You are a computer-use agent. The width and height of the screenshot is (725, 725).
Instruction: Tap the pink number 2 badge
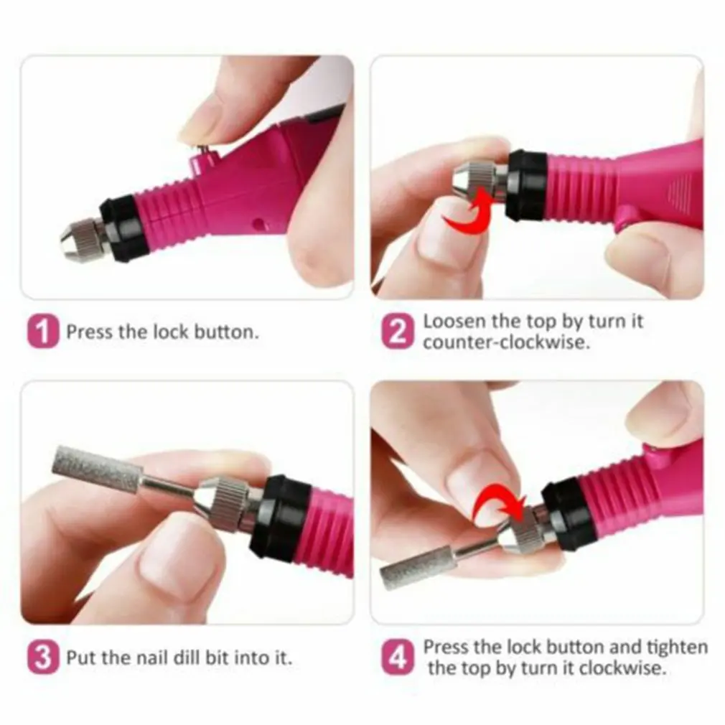[397, 333]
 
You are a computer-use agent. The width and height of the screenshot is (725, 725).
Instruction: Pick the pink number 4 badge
[397, 658]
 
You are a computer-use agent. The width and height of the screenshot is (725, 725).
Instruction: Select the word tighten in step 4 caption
[675, 647]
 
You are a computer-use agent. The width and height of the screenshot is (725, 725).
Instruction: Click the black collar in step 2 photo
[526, 184]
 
